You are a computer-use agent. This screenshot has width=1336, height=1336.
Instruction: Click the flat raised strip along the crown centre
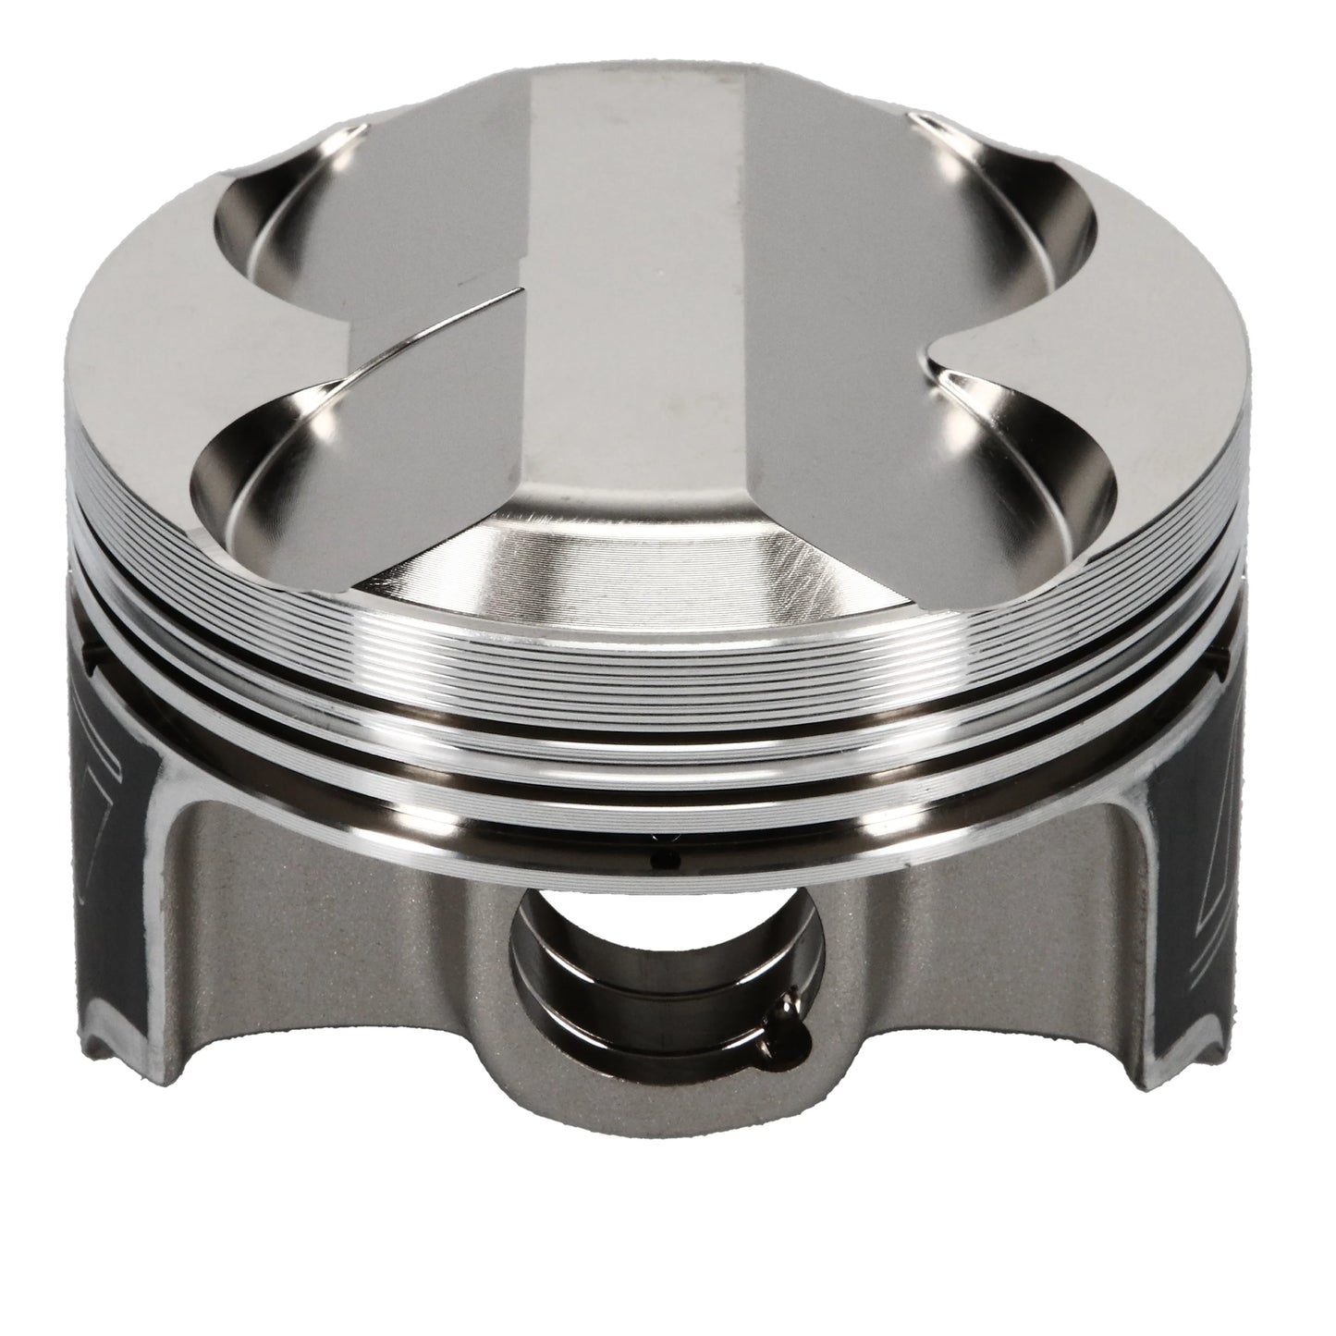coord(638,277)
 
